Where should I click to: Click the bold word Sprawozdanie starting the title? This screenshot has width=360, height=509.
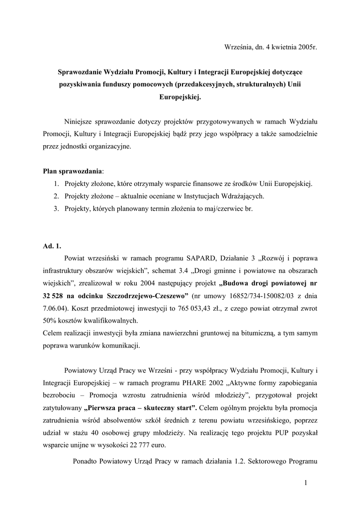tap(79, 72)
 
